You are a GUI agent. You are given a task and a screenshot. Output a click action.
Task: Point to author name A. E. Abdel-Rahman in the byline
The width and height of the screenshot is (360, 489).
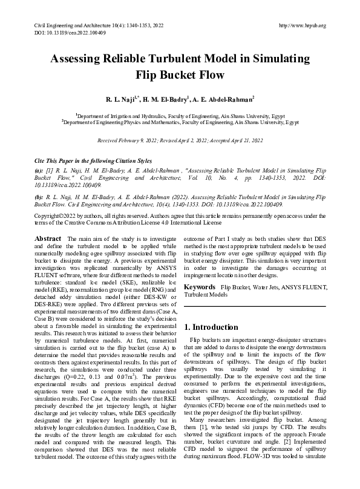pos(224,99)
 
